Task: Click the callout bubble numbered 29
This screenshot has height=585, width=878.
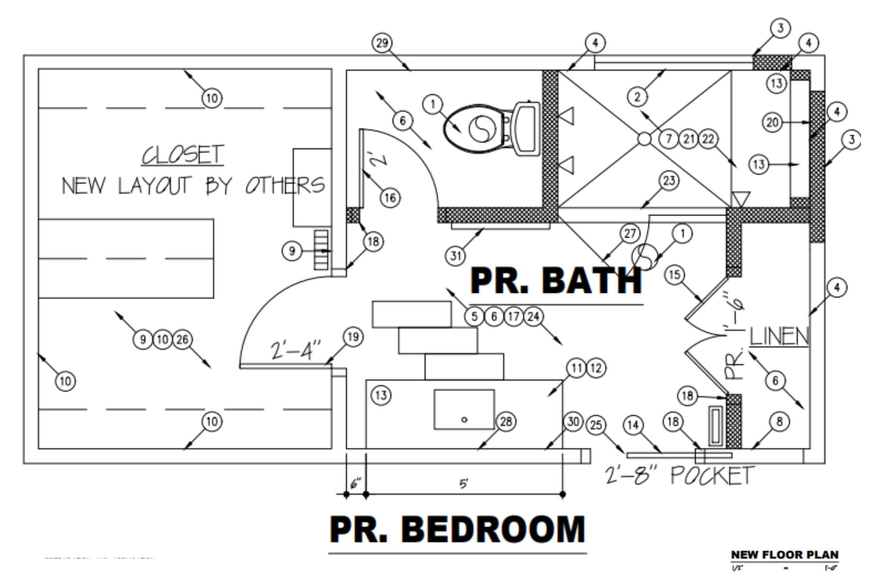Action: click(382, 43)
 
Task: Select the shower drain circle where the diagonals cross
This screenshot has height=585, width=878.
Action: click(644, 139)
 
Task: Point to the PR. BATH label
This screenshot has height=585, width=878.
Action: click(556, 281)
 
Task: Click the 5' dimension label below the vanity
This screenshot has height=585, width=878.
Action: click(464, 484)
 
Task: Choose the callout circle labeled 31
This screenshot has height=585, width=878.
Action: click(455, 256)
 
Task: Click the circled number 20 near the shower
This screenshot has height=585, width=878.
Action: click(772, 122)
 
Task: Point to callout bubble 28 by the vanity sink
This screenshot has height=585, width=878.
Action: click(506, 422)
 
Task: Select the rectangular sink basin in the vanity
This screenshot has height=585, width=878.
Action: click(464, 409)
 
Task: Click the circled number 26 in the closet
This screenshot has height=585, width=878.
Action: click(182, 340)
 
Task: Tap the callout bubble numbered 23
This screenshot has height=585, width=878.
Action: click(668, 181)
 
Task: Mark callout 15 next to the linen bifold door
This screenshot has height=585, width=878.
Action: click(675, 275)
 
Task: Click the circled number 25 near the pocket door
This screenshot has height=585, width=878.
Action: click(596, 425)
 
